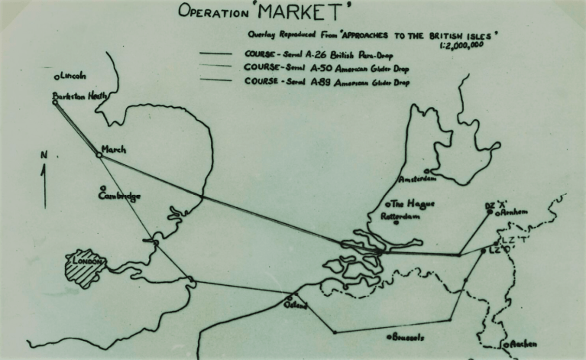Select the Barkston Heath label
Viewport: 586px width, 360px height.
[79, 96]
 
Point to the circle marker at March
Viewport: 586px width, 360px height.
[99, 154]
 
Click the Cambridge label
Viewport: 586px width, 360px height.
[120, 196]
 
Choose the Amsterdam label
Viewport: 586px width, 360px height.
[416, 179]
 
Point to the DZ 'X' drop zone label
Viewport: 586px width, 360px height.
[497, 206]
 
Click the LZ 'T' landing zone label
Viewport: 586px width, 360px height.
[519, 240]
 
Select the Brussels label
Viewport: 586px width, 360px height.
[409, 337]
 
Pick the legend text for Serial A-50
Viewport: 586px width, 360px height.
[326, 68]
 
